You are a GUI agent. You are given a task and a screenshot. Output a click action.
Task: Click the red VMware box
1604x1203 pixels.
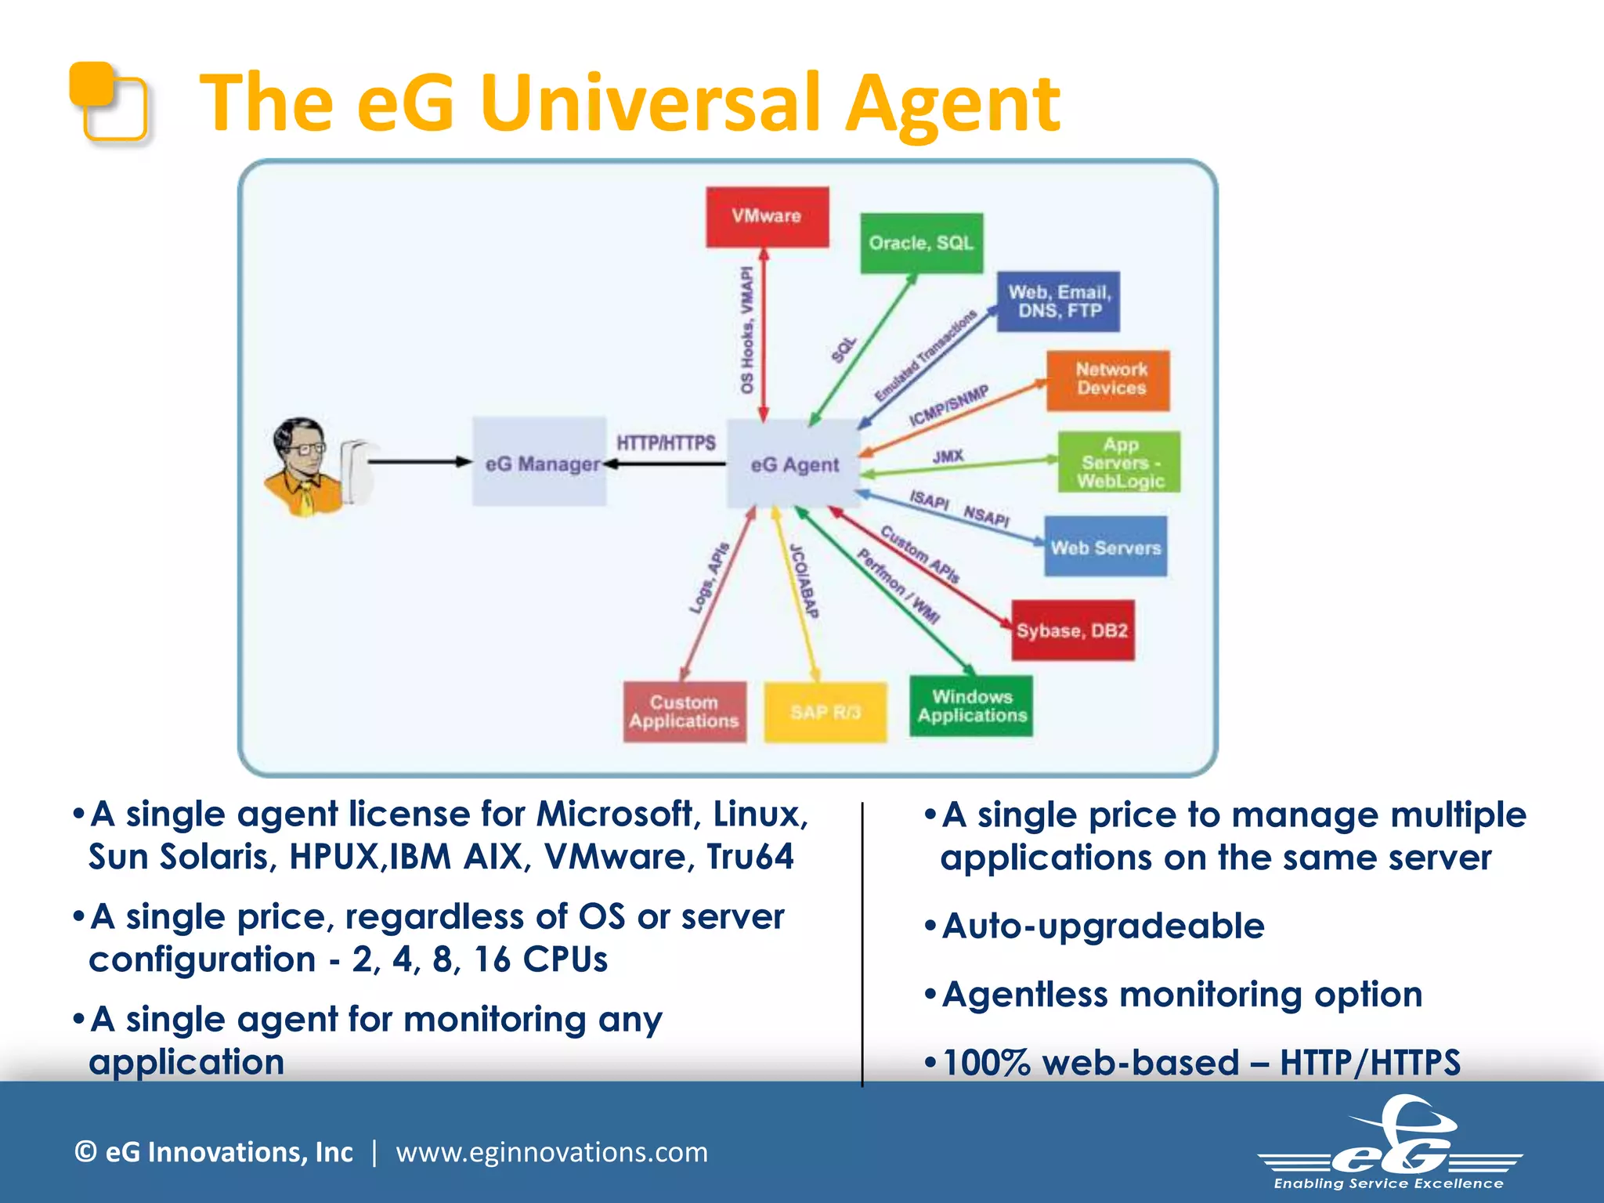pos(767,217)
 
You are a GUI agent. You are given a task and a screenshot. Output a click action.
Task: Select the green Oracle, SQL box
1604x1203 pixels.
pos(921,244)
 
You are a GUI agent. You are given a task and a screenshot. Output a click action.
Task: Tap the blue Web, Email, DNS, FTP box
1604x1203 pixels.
pos(1058,302)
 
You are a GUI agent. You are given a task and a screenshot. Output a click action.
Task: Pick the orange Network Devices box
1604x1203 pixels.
pos(1108,380)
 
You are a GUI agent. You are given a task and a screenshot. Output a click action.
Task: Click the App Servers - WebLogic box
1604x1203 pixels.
pos(1118,462)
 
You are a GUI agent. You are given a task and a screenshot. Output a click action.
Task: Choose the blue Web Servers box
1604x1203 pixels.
pos(1105,547)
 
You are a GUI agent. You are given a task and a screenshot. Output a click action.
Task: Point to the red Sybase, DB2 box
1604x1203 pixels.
pos(1072,630)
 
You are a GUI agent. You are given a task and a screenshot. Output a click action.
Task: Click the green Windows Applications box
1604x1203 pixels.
pos(971,706)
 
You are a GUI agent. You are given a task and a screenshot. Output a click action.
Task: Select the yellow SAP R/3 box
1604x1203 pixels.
pos(825,712)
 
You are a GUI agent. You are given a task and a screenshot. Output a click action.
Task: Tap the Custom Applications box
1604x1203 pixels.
pos(685,712)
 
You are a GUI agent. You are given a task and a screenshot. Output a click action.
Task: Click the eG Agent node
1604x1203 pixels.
pos(794,464)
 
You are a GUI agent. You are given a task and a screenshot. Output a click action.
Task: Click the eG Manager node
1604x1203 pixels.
pos(540,463)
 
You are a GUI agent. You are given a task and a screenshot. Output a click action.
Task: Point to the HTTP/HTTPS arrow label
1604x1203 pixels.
pos(666,443)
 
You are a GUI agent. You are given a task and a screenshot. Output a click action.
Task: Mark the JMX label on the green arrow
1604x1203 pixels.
pos(948,456)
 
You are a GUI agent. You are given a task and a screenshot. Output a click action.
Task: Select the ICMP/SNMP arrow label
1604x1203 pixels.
pos(948,406)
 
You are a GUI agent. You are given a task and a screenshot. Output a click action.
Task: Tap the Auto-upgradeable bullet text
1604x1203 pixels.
pos(1102,927)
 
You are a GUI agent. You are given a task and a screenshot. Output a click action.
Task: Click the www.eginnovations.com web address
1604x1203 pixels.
pos(551,1152)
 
